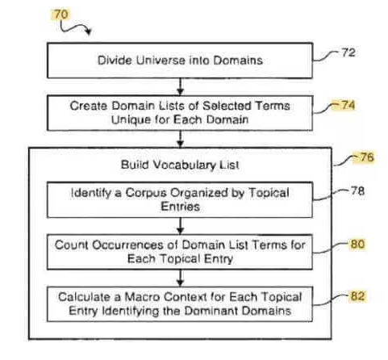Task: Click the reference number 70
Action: [61, 15]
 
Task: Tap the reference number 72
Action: [348, 52]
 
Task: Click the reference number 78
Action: [358, 191]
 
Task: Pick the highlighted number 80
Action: [357, 244]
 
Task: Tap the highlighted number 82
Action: [357, 296]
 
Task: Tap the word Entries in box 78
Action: [181, 207]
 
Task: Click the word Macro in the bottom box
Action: [141, 297]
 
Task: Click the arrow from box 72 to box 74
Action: [181, 86]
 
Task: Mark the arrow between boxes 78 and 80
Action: [181, 226]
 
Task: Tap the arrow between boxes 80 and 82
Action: [181, 278]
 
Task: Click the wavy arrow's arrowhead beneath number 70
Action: [88, 31]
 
